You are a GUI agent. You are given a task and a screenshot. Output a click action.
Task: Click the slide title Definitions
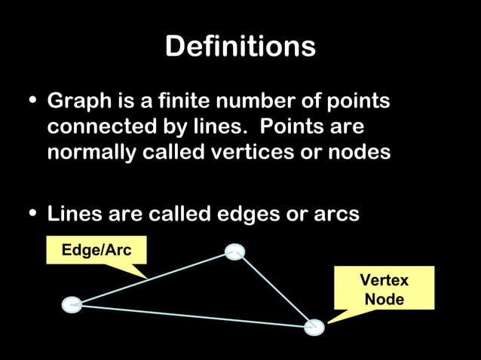click(x=240, y=47)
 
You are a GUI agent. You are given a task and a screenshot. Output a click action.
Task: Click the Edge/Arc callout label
click(x=96, y=249)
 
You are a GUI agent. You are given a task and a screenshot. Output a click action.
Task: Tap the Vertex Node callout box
click(x=384, y=289)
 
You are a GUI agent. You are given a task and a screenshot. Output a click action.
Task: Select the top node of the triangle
click(x=234, y=252)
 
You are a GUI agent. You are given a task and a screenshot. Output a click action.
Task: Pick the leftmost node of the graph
click(x=72, y=304)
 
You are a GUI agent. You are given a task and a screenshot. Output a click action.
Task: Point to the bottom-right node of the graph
click(x=314, y=327)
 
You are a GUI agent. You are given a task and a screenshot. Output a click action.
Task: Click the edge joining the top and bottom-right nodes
click(x=274, y=290)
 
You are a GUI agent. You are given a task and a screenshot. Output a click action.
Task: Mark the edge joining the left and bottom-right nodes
click(x=193, y=316)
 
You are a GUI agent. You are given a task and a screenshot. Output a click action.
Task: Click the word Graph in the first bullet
click(x=75, y=102)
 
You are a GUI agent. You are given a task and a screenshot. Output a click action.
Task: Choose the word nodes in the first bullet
click(x=363, y=152)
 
